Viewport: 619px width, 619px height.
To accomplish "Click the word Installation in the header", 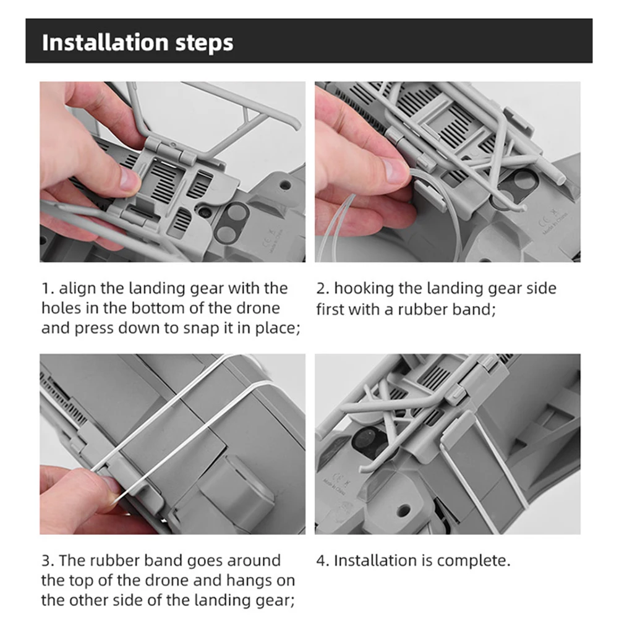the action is coord(105,42).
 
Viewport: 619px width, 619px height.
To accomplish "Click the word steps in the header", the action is coord(204,43).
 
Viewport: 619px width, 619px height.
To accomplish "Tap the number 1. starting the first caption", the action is coord(48,289).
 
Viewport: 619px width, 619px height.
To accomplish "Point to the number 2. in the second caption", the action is coord(323,289).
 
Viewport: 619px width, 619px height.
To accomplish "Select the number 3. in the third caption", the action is coord(48,561).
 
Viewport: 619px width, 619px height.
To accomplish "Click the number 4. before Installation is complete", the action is coord(323,561).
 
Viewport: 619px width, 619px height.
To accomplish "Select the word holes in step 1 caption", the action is coord(61,309).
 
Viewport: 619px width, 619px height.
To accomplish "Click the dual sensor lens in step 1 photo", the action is coord(231,222).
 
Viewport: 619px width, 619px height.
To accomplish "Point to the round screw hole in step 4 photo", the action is coord(403,511).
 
